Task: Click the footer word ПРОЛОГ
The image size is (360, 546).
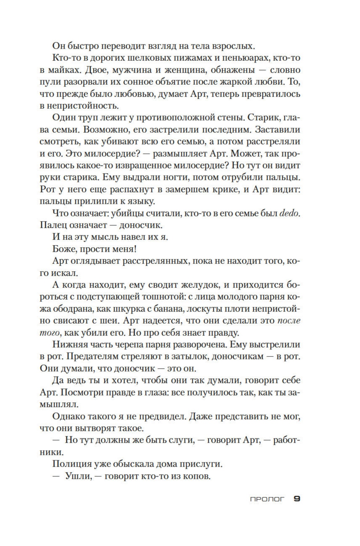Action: click(x=267, y=499)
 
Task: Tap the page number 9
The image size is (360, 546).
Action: click(x=297, y=499)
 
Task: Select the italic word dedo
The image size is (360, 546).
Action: click(x=289, y=213)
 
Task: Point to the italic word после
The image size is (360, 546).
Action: click(x=289, y=321)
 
